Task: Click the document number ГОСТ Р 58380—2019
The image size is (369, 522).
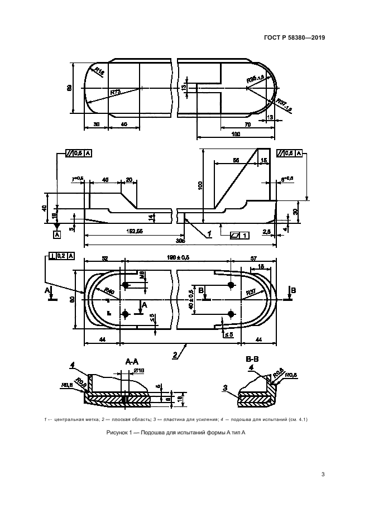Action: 295,39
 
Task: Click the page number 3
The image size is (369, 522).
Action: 323,475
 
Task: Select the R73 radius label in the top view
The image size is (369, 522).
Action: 115,92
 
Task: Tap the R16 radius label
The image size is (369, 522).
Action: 98,71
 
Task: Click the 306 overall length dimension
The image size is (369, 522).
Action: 180,242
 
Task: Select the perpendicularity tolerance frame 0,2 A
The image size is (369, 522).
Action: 59,256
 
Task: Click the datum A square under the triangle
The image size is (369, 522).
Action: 56,235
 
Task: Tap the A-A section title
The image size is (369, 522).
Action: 132,362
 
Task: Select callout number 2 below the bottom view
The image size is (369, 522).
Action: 174,354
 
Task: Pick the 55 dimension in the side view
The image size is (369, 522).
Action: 236,160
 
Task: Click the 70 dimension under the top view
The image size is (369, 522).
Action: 247,124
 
